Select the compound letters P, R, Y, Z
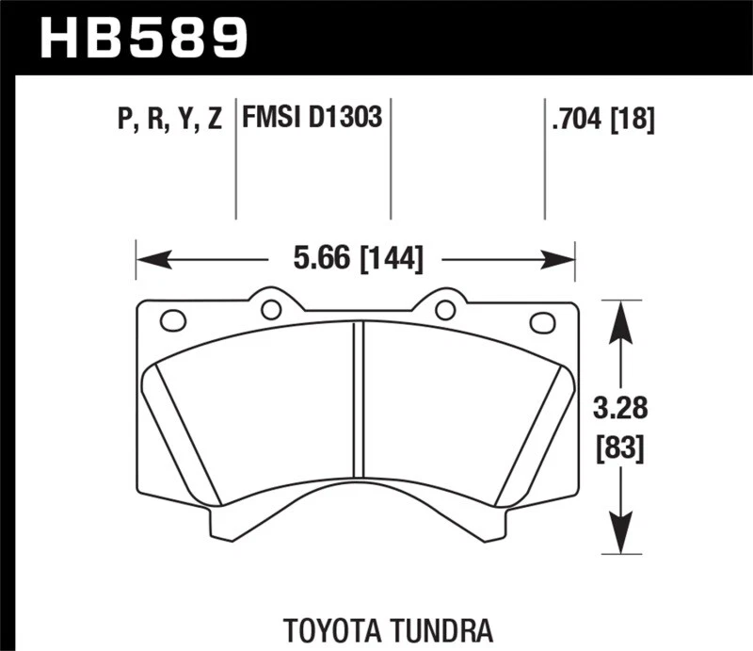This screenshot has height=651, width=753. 169,119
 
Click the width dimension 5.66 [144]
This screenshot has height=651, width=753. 357,258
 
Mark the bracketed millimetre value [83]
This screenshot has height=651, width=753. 618,448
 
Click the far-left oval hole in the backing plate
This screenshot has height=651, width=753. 173,321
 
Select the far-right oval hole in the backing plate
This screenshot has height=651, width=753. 543,322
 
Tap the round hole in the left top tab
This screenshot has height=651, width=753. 271,309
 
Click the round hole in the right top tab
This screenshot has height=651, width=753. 445,309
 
